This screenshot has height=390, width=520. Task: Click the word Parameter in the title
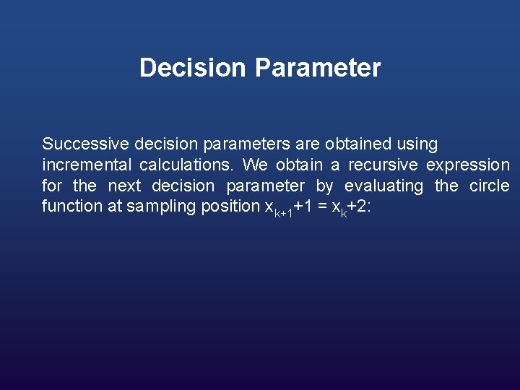[317, 68]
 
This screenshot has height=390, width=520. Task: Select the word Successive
[79, 144]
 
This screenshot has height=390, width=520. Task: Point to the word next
[124, 186]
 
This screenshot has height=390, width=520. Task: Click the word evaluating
[383, 186]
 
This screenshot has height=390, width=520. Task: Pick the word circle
[489, 186]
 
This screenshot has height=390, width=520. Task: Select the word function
[72, 206]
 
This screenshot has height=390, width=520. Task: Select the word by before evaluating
[324, 186]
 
